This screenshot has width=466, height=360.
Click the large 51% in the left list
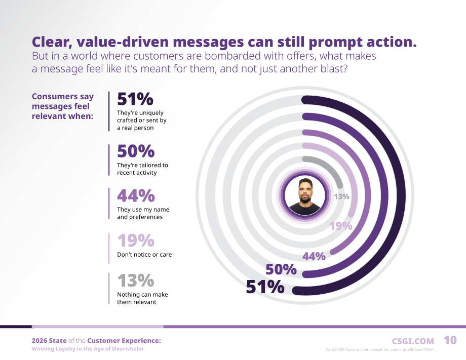[135, 99]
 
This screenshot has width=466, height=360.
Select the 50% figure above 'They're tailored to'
[136, 151]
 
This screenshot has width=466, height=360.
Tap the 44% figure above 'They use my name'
[136, 195]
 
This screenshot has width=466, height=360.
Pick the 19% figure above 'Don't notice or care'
[136, 241]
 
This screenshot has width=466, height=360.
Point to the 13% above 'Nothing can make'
[136, 281]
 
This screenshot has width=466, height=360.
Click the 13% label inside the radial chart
[341, 196]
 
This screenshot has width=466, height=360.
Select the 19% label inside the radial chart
[341, 226]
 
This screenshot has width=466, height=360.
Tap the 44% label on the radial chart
[314, 256]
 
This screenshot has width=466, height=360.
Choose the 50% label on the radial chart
[281, 269]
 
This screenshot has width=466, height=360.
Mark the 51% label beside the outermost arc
[265, 287]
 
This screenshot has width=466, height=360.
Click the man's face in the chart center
[305, 191]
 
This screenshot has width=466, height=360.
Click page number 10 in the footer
[450, 340]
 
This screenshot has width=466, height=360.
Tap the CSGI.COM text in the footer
[413, 341]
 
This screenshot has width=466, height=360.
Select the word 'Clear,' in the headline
[52, 42]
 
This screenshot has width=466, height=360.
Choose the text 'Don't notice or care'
[144, 255]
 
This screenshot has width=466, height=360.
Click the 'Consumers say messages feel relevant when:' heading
[63, 106]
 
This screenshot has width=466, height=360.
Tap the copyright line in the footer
[380, 349]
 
